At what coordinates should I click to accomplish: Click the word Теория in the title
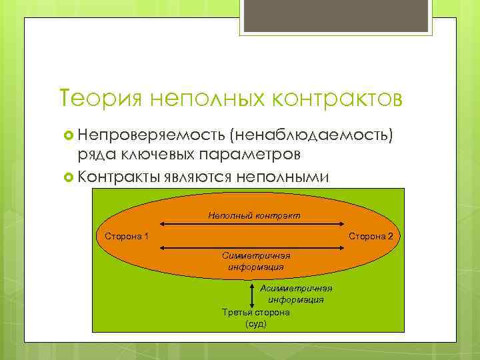pos(100,98)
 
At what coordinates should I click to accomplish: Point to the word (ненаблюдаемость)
pos(315,137)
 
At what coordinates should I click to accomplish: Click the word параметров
pos(253,155)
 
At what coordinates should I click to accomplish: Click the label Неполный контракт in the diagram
pos(254,215)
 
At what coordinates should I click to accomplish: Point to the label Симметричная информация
pos(256,261)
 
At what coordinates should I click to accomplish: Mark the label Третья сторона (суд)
pos(255,318)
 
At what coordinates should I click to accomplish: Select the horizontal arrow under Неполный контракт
pos(252,225)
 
